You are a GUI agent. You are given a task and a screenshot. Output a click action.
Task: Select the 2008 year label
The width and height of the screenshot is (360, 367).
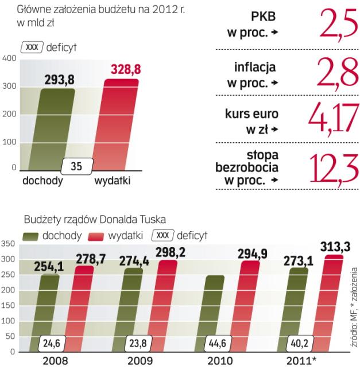point(48,361)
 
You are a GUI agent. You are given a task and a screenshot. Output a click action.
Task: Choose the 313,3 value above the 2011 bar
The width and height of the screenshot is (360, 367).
point(330,245)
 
